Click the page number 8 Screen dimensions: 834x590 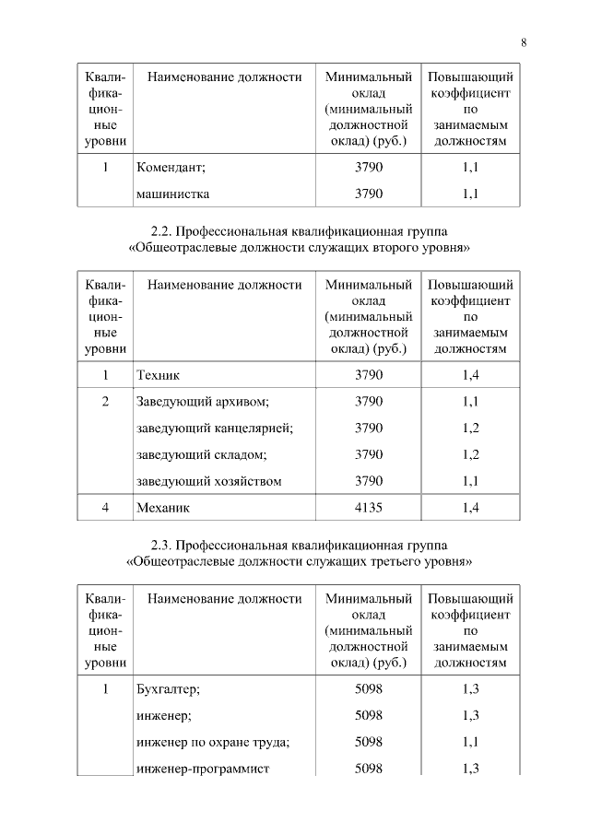point(524,42)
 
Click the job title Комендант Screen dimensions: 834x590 point(170,168)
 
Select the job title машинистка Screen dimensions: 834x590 point(172,194)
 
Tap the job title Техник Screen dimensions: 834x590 point(158,375)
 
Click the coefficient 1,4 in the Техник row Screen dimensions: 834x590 point(470,375)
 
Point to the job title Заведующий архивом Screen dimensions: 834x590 point(202,402)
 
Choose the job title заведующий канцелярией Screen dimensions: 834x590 point(214,429)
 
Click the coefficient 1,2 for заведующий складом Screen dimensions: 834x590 point(470,455)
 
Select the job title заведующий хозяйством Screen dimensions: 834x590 point(208,481)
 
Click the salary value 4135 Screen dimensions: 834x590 point(368,507)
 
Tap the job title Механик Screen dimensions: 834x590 point(163,507)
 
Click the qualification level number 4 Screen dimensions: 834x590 point(105,507)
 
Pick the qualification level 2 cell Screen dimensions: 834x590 point(105,402)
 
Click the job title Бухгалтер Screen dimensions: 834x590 point(168,689)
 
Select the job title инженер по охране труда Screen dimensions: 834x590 point(213,742)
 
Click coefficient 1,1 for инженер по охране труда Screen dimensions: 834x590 point(470,742)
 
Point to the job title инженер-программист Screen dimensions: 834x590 point(202,769)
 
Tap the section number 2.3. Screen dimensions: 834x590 point(160,544)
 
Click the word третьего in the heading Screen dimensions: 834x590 point(397,560)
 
